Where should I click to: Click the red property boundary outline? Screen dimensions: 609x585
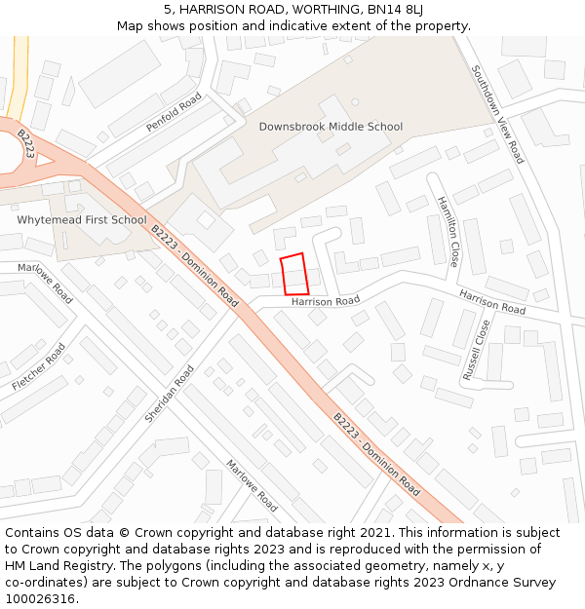point(293,274)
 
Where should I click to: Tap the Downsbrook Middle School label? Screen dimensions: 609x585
point(331,127)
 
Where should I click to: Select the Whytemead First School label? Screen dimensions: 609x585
point(81,220)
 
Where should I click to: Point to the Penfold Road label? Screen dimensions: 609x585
point(174,113)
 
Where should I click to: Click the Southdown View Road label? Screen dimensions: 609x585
point(497,114)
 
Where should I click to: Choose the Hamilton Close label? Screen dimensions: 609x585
point(448,231)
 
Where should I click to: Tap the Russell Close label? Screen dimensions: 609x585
point(477,349)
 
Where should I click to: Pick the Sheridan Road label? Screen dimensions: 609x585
point(170,394)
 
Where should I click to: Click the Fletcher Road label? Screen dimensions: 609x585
point(39,367)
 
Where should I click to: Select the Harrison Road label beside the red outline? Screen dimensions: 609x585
point(325,302)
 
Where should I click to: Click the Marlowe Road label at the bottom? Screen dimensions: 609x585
point(252,485)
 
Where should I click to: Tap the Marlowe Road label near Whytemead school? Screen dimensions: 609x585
point(49,283)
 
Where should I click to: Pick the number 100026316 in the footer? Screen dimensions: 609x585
point(42,598)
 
